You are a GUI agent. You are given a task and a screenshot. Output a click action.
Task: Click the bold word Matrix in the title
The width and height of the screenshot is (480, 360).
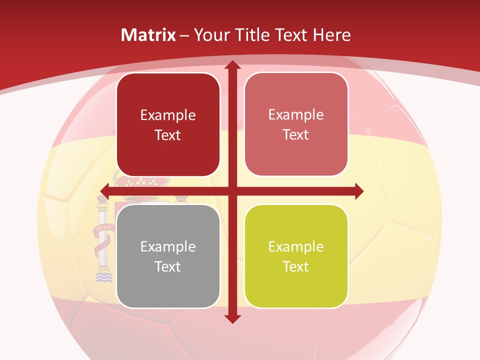[x=148, y=35]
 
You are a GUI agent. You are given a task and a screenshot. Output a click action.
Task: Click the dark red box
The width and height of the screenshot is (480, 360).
[x=168, y=124]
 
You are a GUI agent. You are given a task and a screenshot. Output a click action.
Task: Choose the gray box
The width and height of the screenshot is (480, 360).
[x=168, y=256]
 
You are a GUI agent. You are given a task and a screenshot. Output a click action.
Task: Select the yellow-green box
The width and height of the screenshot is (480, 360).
[x=296, y=256]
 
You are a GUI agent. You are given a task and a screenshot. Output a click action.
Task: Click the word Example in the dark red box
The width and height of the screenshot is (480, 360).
[x=168, y=115]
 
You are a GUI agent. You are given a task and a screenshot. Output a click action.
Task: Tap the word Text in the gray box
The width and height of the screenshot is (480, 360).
[x=168, y=266]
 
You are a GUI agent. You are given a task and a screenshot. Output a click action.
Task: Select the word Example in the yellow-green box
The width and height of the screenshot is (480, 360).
[x=296, y=246]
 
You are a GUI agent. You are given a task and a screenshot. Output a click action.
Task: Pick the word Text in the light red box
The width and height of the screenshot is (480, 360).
[x=296, y=134]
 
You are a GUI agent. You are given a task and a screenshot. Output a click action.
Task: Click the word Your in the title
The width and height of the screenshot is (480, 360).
[x=209, y=35]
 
